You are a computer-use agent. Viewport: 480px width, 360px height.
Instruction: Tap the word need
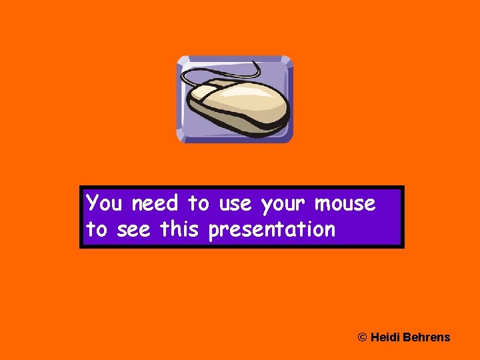155,203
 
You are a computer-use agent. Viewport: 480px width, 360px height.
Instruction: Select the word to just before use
198,203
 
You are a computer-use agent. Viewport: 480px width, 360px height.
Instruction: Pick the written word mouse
345,203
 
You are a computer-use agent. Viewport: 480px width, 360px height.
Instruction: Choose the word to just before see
97,230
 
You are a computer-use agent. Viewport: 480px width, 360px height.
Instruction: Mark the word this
179,229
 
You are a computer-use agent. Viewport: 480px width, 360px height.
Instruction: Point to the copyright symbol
363,337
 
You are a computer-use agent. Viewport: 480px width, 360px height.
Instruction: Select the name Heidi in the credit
385,337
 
